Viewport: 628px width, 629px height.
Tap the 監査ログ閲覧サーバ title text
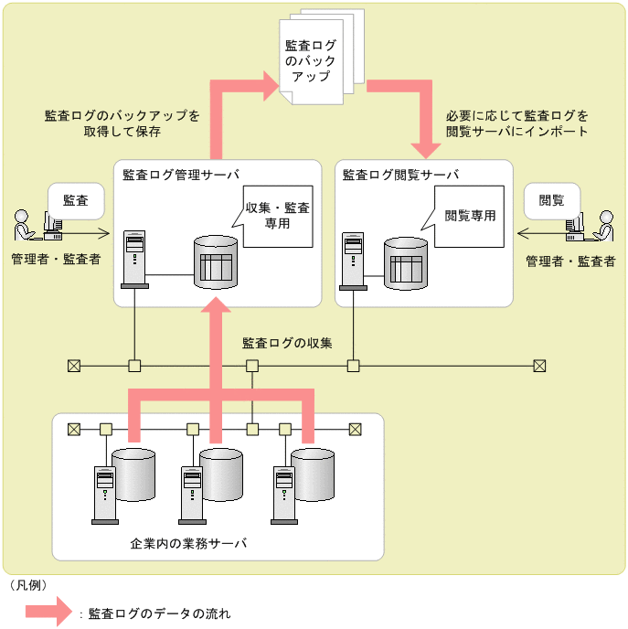400,174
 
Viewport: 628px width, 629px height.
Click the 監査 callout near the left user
75,200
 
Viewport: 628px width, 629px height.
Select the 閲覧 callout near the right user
551,200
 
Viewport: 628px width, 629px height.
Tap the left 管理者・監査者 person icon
25,229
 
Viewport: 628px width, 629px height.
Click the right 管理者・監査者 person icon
601,229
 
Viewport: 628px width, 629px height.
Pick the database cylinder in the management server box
216,263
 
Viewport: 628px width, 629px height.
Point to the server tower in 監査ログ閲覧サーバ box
353,260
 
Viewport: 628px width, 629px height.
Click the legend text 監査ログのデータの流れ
160,613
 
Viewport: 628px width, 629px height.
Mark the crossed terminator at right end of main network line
539,366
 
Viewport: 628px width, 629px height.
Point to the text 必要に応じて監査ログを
517,116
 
